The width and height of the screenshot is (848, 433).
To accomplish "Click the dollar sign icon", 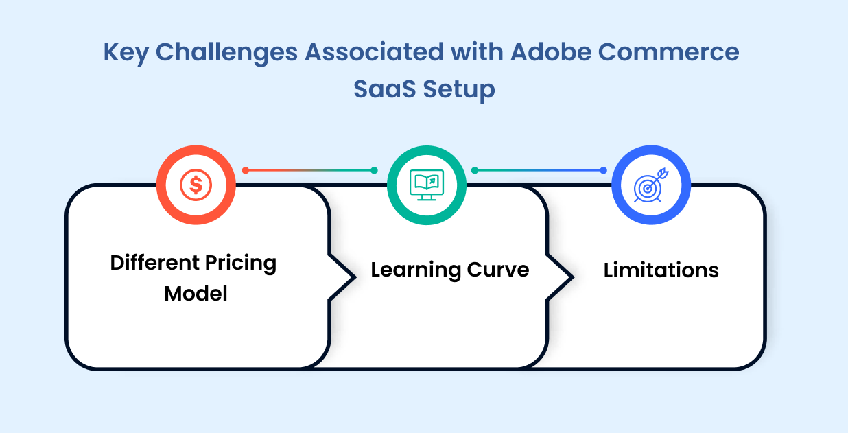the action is coord(196,185).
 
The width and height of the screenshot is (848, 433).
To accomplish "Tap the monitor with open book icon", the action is coord(427,185).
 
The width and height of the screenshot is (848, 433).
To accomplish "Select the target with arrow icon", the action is coord(651,185).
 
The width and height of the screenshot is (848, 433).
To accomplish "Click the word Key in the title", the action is coord(126,53).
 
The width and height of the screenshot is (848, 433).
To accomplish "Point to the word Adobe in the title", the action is coord(550,52).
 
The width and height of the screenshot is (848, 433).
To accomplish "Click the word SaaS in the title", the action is coord(384,89).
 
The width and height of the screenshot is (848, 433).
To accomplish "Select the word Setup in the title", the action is coord(459,90).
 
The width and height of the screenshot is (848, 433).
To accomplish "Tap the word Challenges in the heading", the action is coord(226,53).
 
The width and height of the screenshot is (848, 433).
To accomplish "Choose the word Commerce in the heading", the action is coord(668,52).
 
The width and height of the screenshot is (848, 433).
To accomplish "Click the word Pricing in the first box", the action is coord(241,264).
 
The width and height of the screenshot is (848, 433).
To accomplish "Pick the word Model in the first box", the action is coord(196,293).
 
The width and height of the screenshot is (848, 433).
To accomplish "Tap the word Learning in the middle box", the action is coord(415,270).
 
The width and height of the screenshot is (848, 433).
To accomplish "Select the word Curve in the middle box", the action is coord(498,270).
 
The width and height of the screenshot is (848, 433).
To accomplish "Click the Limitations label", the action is coord(661,270).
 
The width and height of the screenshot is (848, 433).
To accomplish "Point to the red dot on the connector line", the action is coord(246,170).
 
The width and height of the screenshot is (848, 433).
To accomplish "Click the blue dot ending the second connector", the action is coord(604,170).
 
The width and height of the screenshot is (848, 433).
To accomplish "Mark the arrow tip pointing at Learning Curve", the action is coord(355,277).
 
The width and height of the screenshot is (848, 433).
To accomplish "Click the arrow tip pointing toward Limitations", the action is coord(573,277).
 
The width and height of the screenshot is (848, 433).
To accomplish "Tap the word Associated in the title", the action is coord(374,52).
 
